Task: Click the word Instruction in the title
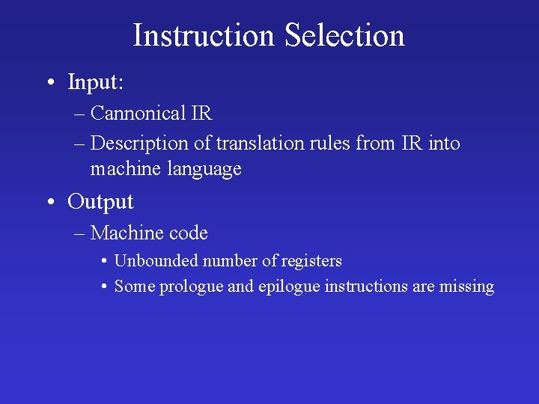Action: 204,35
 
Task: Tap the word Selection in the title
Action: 344,35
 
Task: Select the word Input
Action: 96,82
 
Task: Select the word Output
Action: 100,201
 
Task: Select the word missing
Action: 467,287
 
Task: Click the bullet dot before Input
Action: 50,82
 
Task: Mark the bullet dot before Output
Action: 50,202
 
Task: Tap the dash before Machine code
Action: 79,234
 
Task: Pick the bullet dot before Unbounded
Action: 104,262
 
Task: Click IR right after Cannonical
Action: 201,114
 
